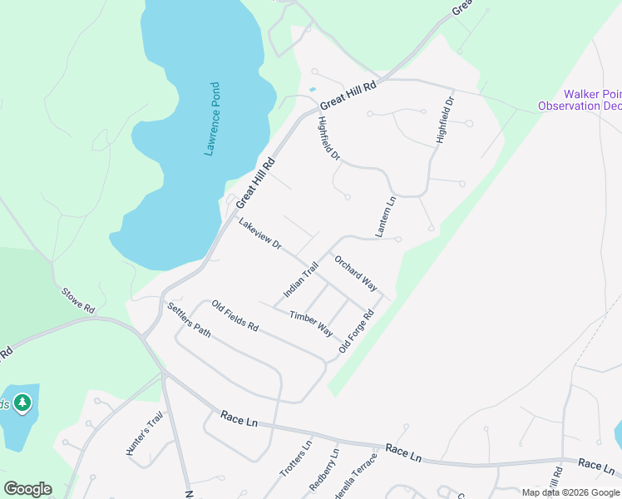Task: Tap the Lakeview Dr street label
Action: pos(259,235)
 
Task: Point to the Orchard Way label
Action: pos(356,273)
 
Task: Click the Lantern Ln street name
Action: pos(385,217)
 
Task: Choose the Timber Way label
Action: pos(311,323)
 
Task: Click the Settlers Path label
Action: pos(190,320)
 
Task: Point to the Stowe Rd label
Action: pos(78,299)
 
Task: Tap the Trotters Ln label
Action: pos(295,458)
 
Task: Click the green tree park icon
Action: pos(22,404)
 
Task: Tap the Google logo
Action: pos(27,489)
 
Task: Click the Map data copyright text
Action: pos(570,492)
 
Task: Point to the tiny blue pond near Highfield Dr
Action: pos(313,89)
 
